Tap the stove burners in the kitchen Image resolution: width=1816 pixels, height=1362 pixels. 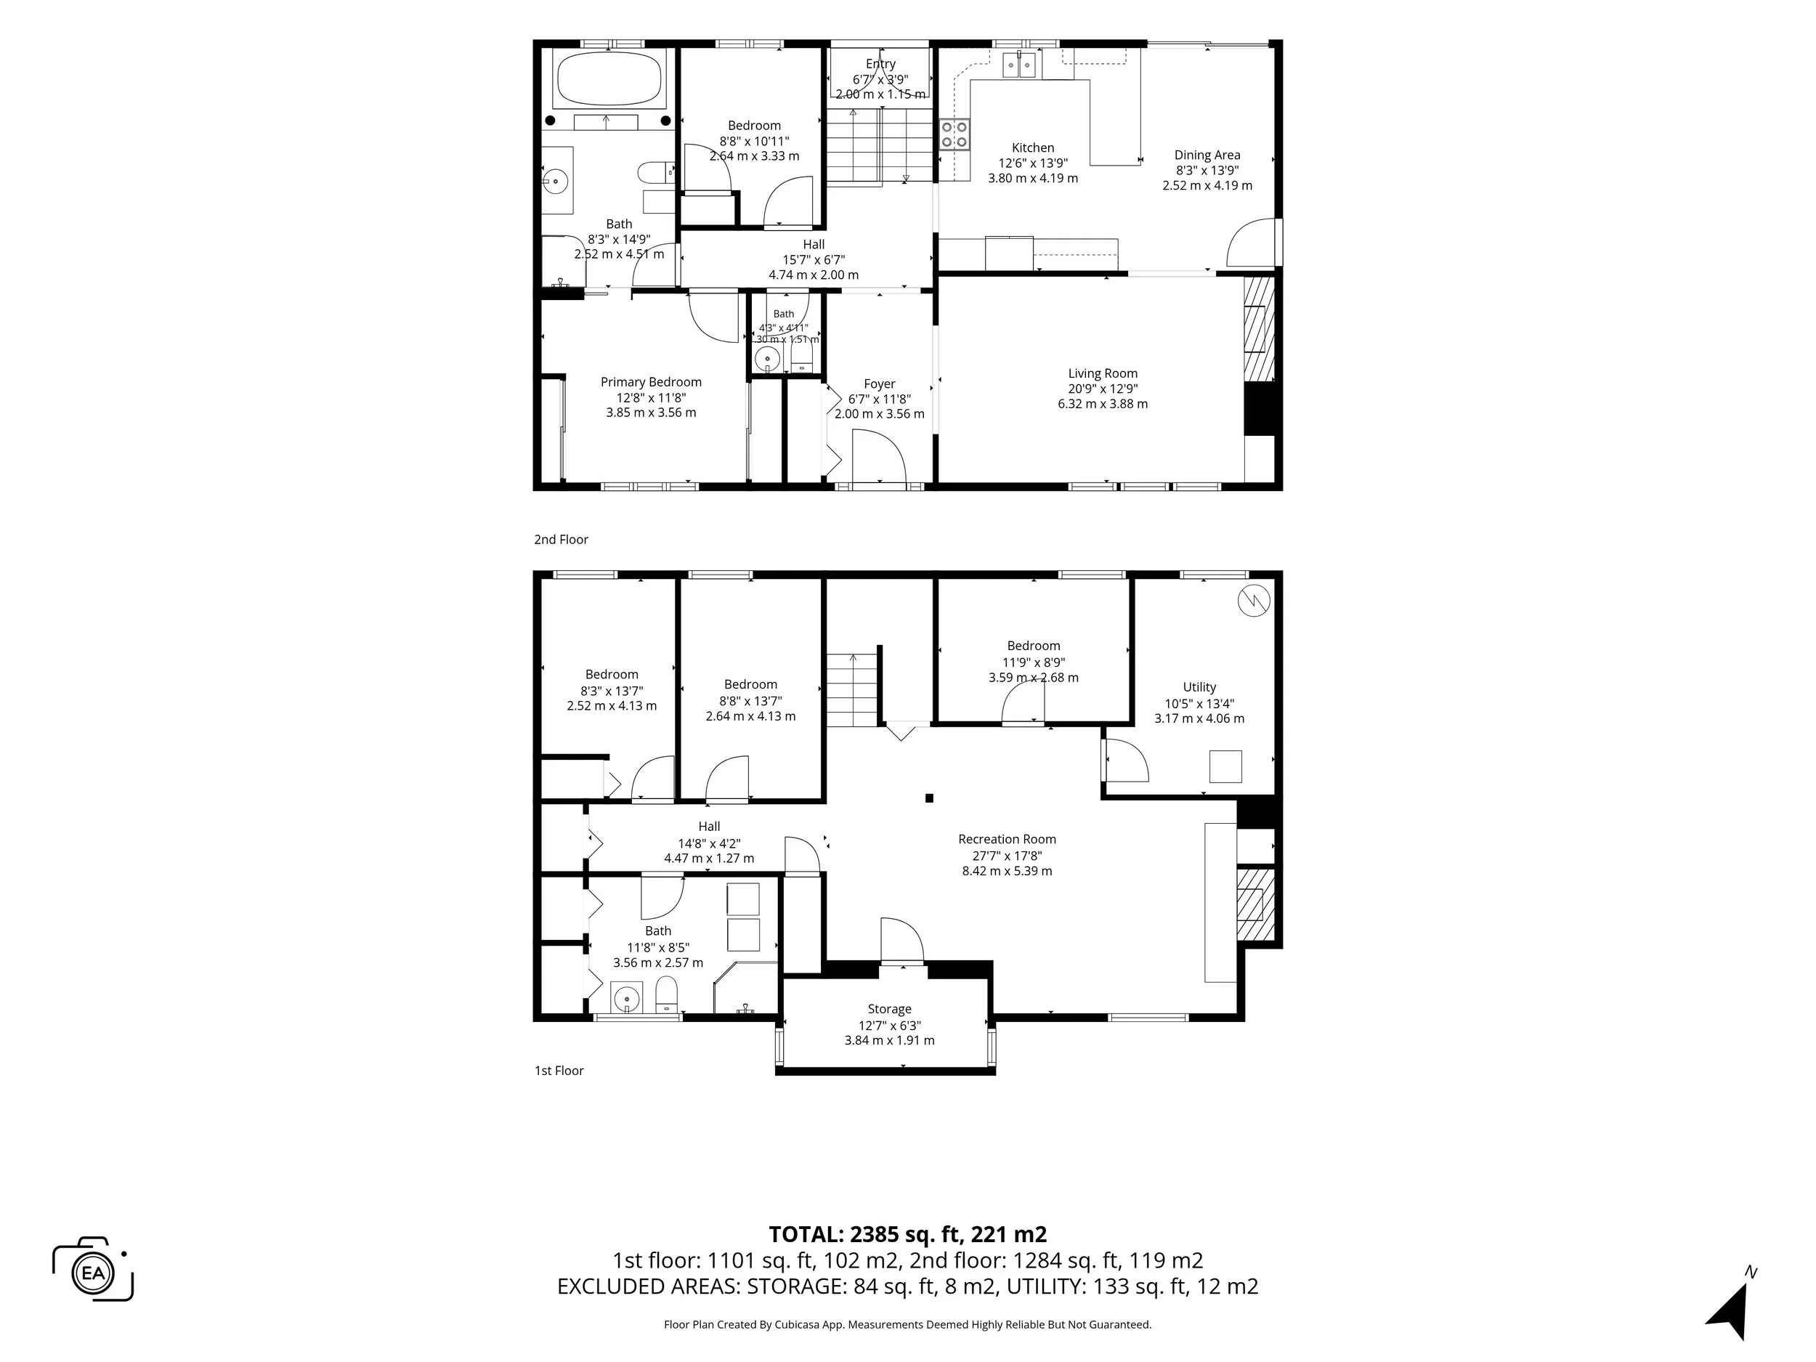coord(954,134)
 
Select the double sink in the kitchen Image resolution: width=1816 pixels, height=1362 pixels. coord(1020,64)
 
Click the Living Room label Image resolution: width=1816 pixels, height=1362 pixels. coord(1103,373)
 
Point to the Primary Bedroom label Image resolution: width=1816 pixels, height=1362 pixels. coord(651,382)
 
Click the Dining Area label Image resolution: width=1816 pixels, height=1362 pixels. coord(1207,155)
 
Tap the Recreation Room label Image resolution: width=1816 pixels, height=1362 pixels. coord(1007,839)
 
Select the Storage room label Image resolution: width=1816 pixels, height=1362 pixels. coord(889,1009)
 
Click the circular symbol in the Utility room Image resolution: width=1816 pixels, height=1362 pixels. coord(1254,601)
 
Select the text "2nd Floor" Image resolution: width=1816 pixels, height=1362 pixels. coord(561,540)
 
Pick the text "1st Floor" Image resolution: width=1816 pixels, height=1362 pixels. coord(559,1071)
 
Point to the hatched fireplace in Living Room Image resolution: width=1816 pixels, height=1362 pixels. coord(1259,328)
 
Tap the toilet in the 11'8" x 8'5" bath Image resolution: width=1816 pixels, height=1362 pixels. coord(666,994)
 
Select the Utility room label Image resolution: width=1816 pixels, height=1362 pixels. coord(1199,687)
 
